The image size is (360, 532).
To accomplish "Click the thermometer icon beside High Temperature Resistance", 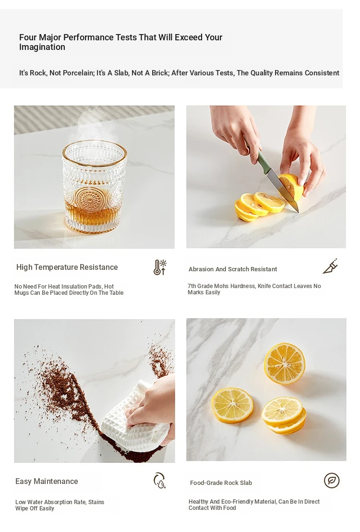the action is click(159, 267).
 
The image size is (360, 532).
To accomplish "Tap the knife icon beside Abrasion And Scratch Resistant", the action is click(330, 266).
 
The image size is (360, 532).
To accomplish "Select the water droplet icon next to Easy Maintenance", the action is click(159, 480).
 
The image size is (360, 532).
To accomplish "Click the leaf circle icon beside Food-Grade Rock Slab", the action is click(332, 481).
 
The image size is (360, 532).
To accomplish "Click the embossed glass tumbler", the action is click(95, 187).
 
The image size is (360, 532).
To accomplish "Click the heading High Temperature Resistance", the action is click(67, 267).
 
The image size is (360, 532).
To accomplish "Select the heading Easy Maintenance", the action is click(47, 481).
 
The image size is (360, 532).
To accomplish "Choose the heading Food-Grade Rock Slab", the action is click(221, 483).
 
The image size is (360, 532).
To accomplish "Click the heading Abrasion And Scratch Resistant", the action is click(233, 269).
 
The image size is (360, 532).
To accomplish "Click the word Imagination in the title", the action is click(42, 47).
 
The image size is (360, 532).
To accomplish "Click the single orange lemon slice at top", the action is click(284, 363).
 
